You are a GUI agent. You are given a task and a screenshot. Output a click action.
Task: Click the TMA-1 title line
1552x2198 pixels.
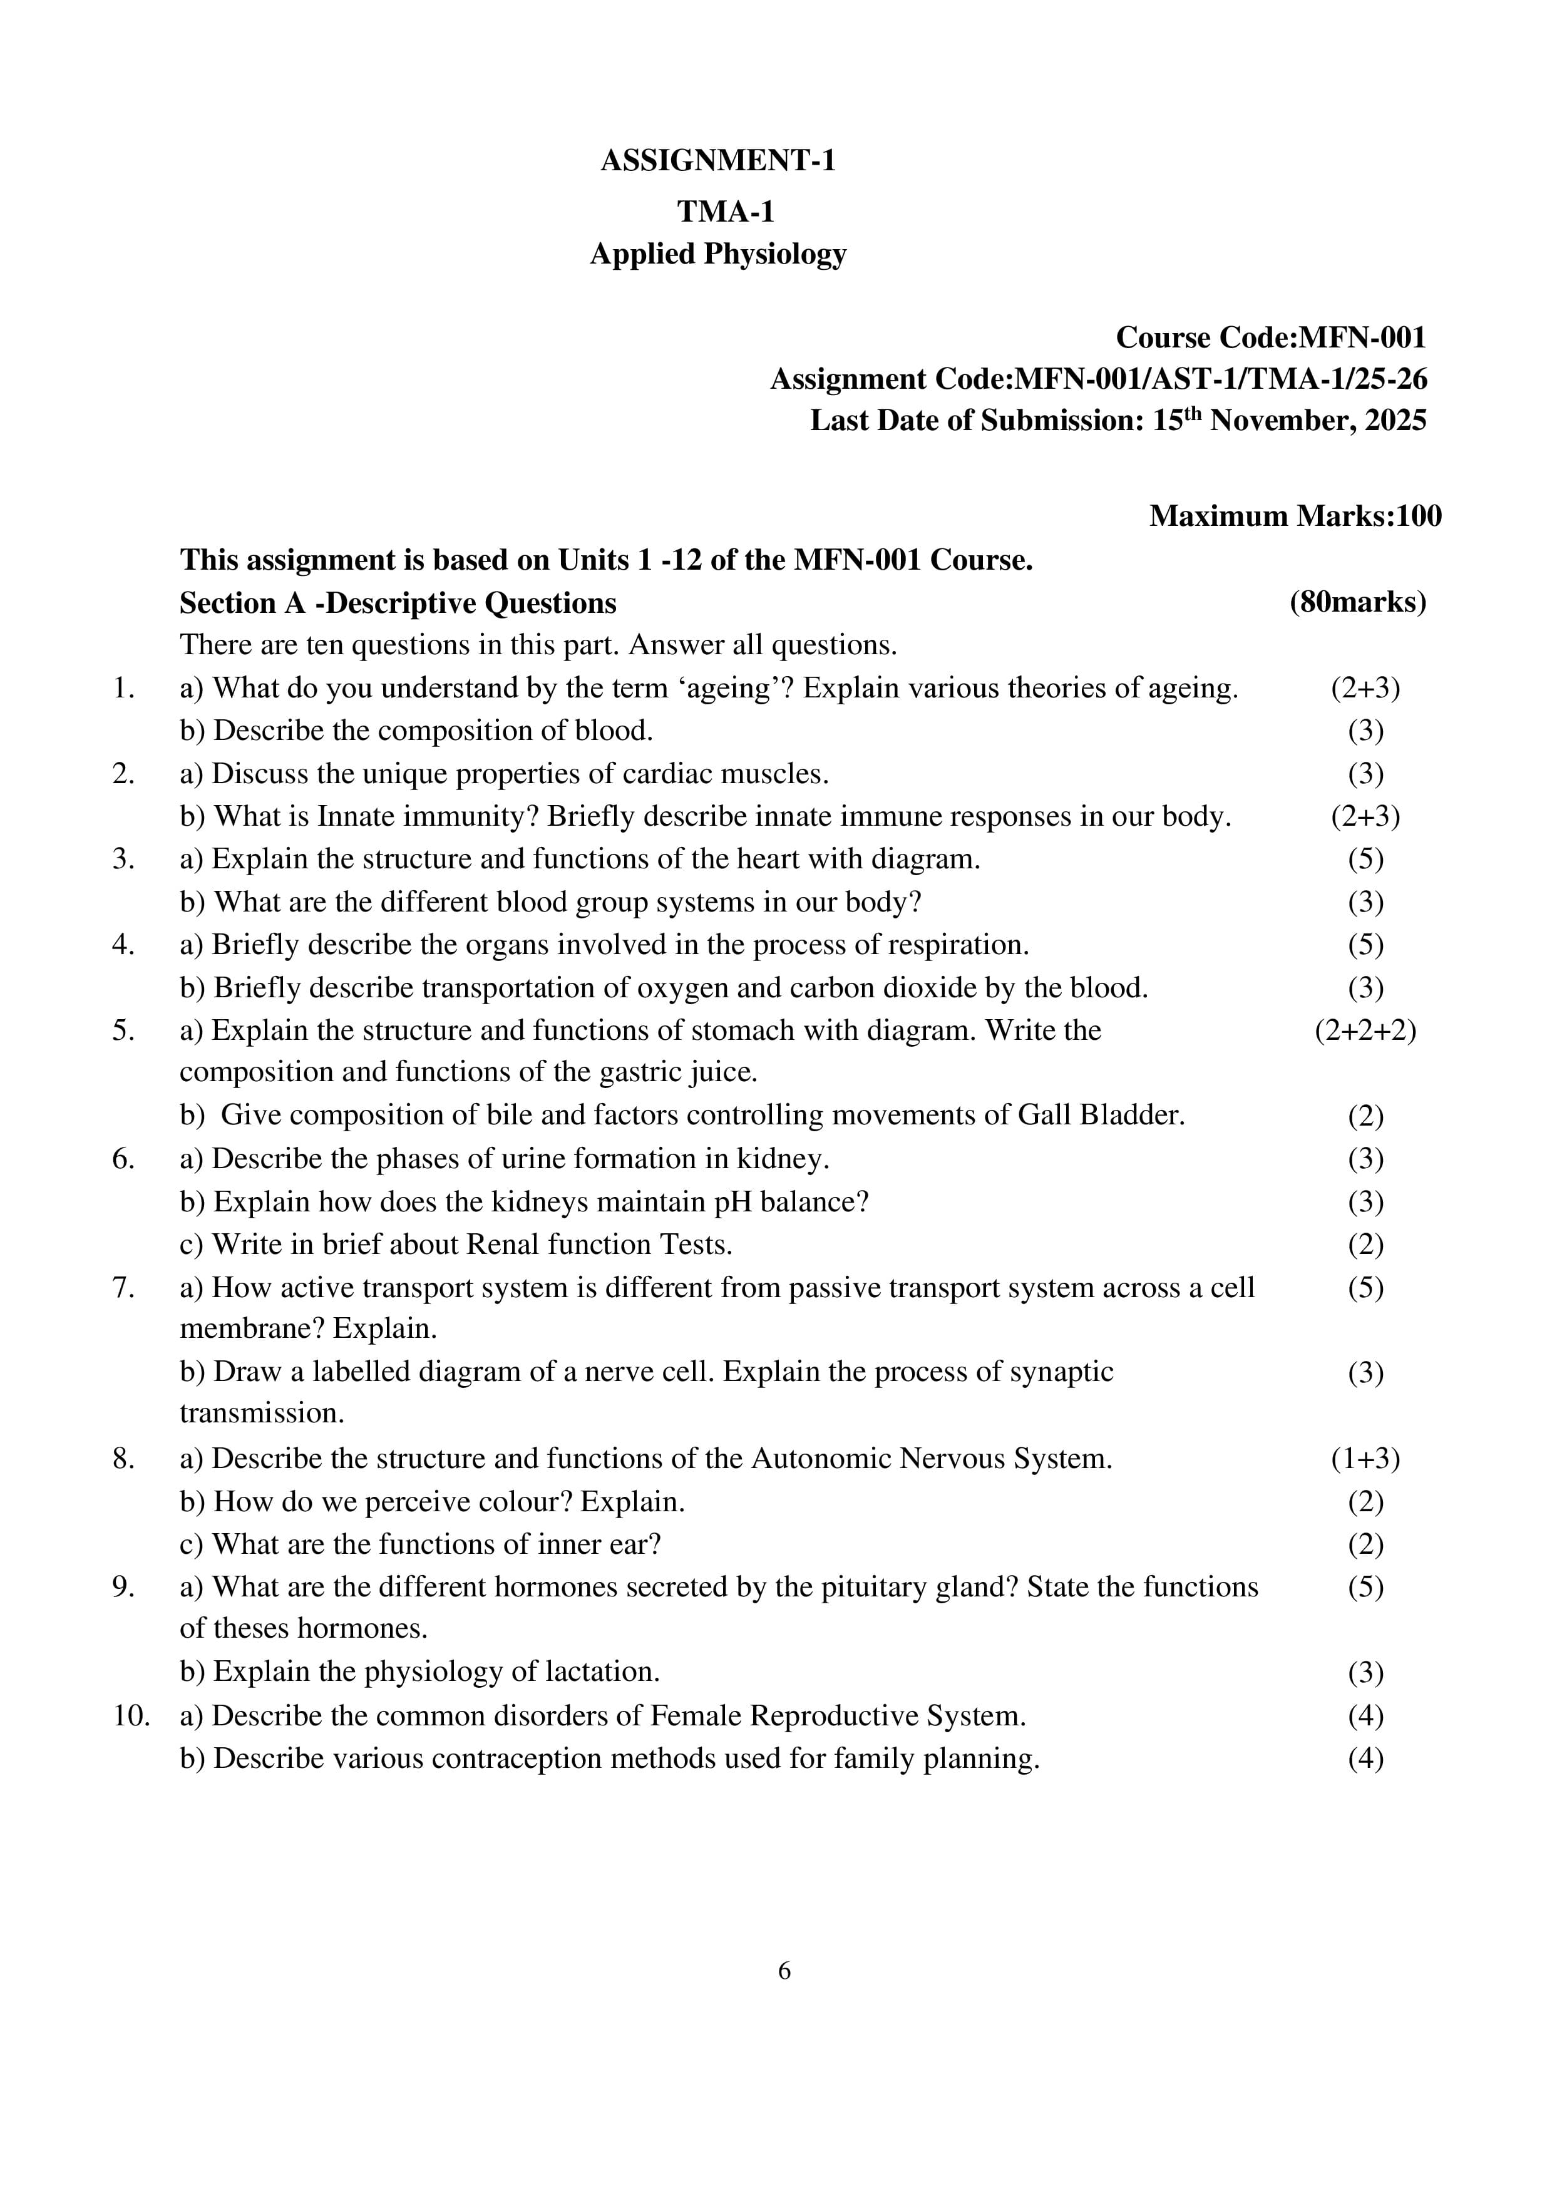(725, 210)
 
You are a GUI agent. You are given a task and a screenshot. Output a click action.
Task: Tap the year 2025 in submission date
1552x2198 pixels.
(1396, 420)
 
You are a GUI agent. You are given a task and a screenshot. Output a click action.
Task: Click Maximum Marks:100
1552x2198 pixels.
(1295, 516)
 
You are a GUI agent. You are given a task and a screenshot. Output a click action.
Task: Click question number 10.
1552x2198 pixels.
(131, 1715)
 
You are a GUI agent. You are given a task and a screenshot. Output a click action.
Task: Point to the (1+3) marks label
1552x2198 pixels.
(1364, 1459)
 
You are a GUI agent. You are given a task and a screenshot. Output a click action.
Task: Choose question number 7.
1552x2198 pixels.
(123, 1288)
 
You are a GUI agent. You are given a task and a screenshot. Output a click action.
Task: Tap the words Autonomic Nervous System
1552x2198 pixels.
(930, 1459)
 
